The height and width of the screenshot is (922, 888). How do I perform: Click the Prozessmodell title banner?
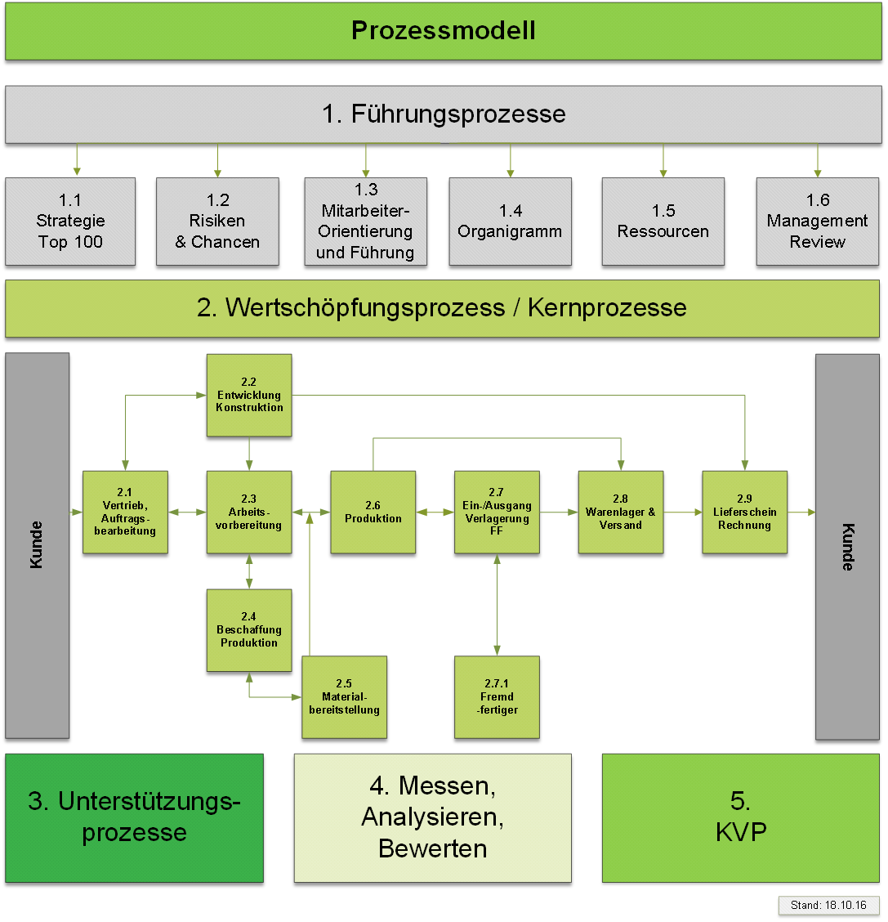coord(444,31)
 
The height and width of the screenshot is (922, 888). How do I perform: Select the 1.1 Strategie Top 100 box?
coord(70,222)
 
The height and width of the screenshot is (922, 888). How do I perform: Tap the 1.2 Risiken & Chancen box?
coord(217,222)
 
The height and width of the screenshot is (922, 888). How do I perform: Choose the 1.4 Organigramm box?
coord(510,222)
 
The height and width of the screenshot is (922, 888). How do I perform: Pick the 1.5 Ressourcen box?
coord(663,222)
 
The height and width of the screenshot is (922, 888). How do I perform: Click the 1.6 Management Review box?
coord(817,222)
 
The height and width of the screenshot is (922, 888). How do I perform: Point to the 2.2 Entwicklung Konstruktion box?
coord(249,395)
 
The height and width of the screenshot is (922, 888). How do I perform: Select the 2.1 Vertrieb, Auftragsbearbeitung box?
coord(125,512)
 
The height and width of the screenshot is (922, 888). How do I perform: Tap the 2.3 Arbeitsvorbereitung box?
coord(249,512)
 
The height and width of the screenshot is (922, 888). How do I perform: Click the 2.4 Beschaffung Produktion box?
coord(249,630)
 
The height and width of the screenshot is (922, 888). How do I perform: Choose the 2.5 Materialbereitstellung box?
coord(344,697)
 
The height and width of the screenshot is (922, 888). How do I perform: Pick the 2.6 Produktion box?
coord(373,512)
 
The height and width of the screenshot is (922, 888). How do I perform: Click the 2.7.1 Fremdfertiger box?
coord(497,697)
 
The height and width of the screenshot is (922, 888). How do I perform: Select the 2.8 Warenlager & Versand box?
coord(621,512)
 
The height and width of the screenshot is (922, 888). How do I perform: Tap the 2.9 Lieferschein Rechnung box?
coord(744,512)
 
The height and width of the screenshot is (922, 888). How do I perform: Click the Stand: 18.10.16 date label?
coord(828,905)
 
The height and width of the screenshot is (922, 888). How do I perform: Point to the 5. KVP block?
coord(741,817)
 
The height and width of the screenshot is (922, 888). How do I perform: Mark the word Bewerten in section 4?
coord(433,848)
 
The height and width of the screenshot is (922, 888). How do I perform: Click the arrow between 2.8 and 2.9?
coord(683,512)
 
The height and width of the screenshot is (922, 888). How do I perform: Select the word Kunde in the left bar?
coord(37,545)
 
